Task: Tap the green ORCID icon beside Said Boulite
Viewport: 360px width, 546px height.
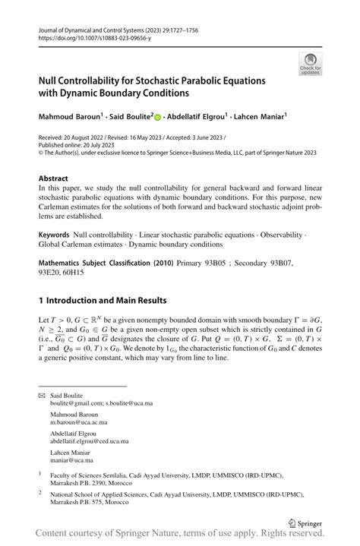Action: (x=158, y=117)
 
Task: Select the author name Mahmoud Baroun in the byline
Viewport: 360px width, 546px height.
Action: (x=69, y=117)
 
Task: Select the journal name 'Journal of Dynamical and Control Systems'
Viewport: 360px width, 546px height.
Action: (x=97, y=28)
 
